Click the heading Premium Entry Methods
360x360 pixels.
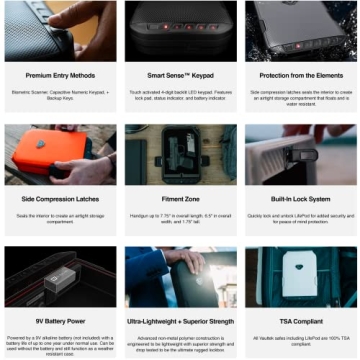[x=59, y=75]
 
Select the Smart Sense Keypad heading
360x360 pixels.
[x=180, y=75]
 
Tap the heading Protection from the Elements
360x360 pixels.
[x=299, y=75]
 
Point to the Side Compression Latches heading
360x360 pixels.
[x=59, y=199]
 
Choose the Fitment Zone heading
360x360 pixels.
[x=180, y=199]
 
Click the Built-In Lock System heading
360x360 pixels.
[x=299, y=199]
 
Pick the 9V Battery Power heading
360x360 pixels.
[x=59, y=322]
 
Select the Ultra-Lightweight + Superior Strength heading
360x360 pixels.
[x=180, y=322]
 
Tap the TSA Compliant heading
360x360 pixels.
[x=299, y=322]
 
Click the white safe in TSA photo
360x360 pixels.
[x=298, y=277]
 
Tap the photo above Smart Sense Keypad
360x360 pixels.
[x=180, y=31]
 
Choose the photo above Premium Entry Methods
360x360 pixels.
[x=59, y=31]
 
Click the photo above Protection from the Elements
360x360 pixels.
[x=299, y=31]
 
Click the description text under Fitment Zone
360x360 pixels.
[x=180, y=217]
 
